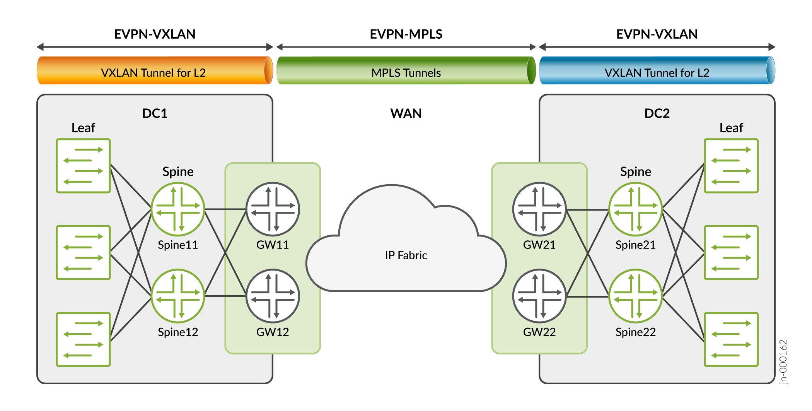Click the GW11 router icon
pyautogui.click(x=273, y=209)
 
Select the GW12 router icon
pyautogui.click(x=273, y=296)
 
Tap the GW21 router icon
pyautogui.click(x=539, y=209)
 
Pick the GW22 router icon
pyautogui.click(x=539, y=296)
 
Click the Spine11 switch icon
pyautogui.click(x=178, y=209)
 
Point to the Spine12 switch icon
pyautogui.click(x=178, y=296)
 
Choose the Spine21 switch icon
pyautogui.click(x=636, y=209)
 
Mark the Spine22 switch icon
pyautogui.click(x=636, y=296)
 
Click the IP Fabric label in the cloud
pyautogui.click(x=406, y=255)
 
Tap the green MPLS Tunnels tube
pyautogui.click(x=406, y=71)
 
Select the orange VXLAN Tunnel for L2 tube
pyautogui.click(x=155, y=71)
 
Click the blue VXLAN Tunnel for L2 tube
pyautogui.click(x=657, y=71)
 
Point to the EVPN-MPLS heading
pyautogui.click(x=406, y=34)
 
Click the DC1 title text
pyautogui.click(x=155, y=113)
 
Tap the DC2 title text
pyautogui.click(x=657, y=113)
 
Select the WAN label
pyautogui.click(x=406, y=113)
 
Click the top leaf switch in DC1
pyautogui.click(x=84, y=166)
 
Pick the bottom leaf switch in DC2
pyautogui.click(x=731, y=339)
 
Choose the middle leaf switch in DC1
pyautogui.click(x=84, y=252)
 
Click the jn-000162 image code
pyautogui.click(x=783, y=362)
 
